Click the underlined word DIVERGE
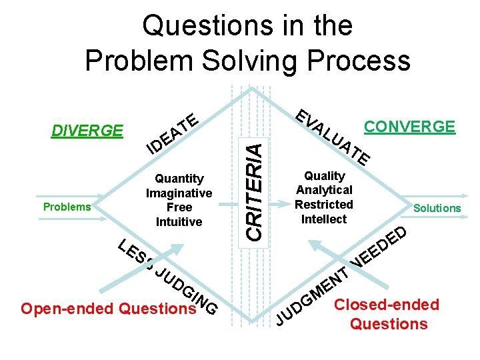tap(87, 131)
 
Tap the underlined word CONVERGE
tap(409, 127)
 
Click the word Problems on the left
tap(67, 207)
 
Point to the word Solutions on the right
tap(437, 208)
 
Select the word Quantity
tap(179, 179)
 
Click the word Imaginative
tap(179, 193)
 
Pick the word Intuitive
tap(179, 222)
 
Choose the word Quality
tap(324, 176)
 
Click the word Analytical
tap(324, 191)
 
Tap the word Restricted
tap(324, 205)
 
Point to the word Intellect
tap(324, 219)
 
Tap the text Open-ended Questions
tap(108, 309)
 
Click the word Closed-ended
tap(387, 305)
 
